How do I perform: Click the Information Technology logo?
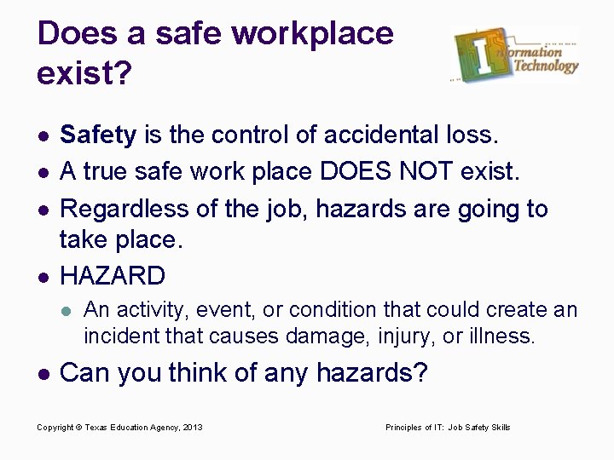coord(516,55)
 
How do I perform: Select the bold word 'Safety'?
coord(100,134)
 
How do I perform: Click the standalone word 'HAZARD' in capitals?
coord(113,275)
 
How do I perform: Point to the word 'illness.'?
coord(501,335)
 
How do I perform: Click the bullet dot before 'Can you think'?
coord(44,372)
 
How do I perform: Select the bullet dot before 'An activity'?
coord(70,309)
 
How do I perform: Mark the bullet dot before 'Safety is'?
coord(44,135)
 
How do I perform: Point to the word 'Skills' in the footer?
coord(498,427)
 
